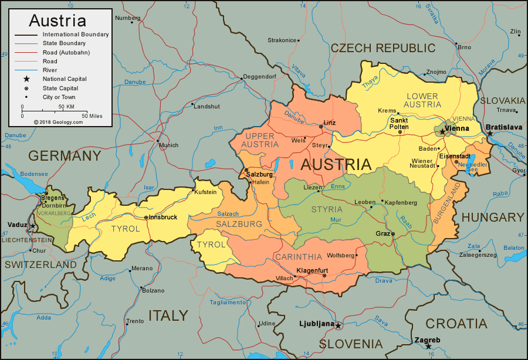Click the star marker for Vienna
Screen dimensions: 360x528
pos(442,132)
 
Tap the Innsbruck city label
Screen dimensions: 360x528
pos(163,217)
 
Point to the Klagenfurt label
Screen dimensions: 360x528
pos(314,270)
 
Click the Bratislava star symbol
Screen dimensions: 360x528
pos(490,134)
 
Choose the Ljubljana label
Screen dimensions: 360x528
pos(316,324)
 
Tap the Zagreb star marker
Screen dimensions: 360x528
pos(429,347)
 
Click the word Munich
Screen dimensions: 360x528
pos(168,145)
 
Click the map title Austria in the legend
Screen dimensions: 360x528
pos(57,21)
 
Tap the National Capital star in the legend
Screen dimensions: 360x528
pos(26,79)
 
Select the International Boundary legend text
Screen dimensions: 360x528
pos(76,34)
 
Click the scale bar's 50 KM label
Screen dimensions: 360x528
pos(66,107)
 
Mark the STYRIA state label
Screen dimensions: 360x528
pos(327,209)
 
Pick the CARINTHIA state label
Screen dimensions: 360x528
pos(298,257)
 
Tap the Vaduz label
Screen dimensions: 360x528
pos(16,225)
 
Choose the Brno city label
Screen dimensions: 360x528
pos(464,47)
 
